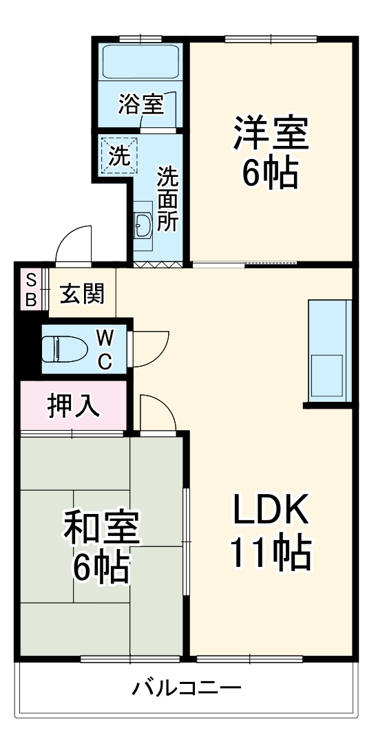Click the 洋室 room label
coord(270,133)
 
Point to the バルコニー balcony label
coord(187,687)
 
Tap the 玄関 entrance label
coord(82,294)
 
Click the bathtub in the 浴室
coord(140,61)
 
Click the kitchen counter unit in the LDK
coord(330,351)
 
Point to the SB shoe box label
coord(31,289)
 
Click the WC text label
coord(105,349)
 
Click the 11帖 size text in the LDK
coord(270,552)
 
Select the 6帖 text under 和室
coord(101,568)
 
